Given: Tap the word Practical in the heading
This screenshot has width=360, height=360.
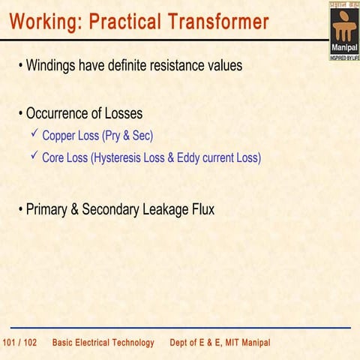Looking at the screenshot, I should pos(124,22).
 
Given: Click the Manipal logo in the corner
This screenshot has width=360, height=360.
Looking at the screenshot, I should pos(344,31).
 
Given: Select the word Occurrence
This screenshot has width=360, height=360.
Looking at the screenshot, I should pos(62,114).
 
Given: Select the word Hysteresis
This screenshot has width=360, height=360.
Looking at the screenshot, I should pos(124,158).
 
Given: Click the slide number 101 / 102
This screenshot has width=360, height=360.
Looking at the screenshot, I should pos(20,343).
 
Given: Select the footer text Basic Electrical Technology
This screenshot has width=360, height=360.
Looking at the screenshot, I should pos(103,343).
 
